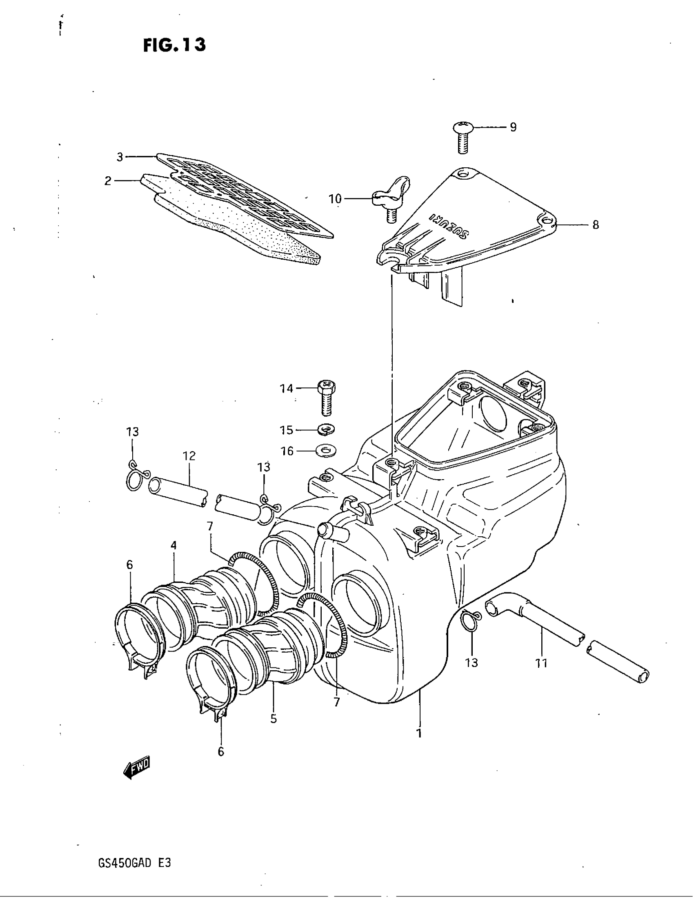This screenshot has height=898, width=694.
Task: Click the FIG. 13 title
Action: [174, 45]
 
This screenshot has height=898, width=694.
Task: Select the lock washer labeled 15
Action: [327, 429]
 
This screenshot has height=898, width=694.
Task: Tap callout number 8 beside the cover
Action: [595, 225]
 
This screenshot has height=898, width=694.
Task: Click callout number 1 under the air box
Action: [419, 733]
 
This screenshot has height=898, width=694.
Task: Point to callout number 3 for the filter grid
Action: [120, 157]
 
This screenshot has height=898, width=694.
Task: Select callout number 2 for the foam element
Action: [108, 181]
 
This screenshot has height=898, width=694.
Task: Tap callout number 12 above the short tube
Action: [189, 455]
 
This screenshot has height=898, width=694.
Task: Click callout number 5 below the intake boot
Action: [274, 718]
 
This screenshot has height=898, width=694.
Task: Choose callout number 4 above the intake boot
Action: [173, 545]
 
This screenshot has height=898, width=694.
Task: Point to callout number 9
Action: [513, 127]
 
